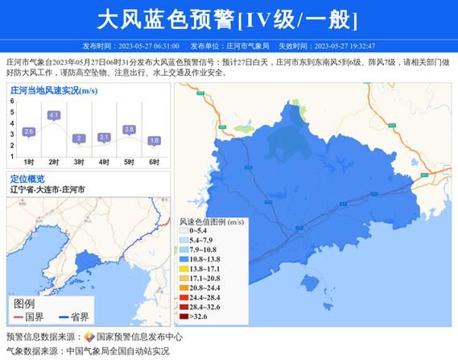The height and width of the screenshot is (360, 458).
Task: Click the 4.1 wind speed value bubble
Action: click(54, 115)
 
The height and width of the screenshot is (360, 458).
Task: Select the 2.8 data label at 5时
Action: click(129, 129)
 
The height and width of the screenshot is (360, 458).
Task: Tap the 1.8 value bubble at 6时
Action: click(154, 140)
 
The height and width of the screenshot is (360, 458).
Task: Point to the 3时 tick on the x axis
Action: click(79, 162)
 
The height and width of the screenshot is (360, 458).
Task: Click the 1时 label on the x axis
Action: click(29, 162)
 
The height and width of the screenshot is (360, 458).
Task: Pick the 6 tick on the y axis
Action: click(12, 101)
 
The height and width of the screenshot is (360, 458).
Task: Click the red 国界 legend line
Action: click(18, 317)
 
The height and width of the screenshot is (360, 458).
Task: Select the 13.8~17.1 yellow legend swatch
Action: click(182, 270)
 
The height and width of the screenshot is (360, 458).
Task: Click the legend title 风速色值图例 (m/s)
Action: click(211, 220)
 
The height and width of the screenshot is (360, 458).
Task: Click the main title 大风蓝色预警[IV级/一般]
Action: click(228, 18)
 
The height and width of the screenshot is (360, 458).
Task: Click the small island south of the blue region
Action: click(310, 281)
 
